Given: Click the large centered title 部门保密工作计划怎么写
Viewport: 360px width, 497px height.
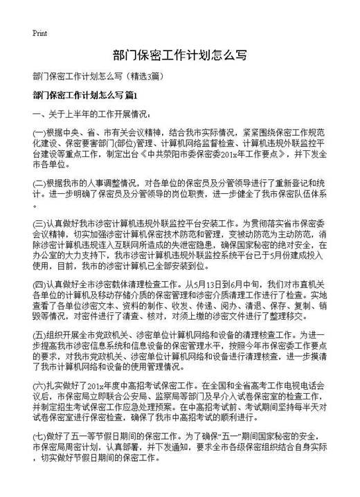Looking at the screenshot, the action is (x=179, y=55).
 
